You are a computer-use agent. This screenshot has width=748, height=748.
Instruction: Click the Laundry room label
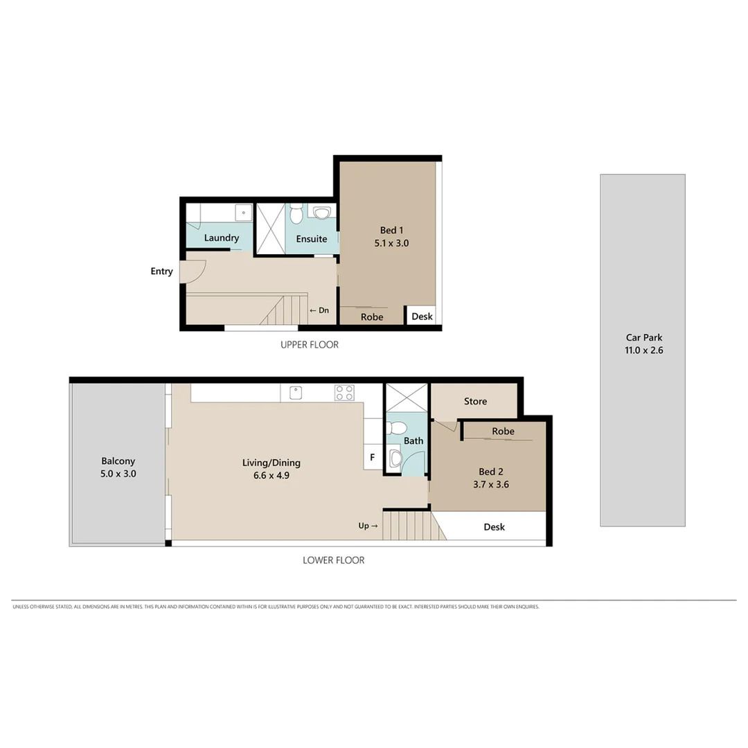[222, 238]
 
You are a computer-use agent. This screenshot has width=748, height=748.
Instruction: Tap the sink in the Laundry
[242, 212]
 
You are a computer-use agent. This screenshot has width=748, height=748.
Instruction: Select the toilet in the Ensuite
[296, 214]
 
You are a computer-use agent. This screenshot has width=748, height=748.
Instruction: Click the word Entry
[161, 271]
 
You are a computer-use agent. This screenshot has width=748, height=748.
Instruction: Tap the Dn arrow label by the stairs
[319, 310]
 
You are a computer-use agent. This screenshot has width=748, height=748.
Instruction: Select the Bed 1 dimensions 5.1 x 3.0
[391, 243]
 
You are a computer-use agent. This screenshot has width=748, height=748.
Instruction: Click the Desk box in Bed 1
[422, 317]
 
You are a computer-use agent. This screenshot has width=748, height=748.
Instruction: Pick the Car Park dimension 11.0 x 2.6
[643, 350]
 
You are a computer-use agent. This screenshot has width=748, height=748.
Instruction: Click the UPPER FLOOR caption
[310, 344]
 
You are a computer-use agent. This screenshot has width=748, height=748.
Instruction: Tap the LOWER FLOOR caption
[333, 560]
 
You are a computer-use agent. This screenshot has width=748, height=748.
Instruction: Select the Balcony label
[118, 461]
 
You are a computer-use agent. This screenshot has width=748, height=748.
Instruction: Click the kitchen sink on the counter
[296, 393]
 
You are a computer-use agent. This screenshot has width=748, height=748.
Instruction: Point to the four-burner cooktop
[344, 393]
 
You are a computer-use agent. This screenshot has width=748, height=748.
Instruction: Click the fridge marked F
[373, 458]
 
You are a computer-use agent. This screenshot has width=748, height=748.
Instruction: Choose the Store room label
[475, 401]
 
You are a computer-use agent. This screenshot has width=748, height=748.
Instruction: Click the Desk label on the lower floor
[494, 527]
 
